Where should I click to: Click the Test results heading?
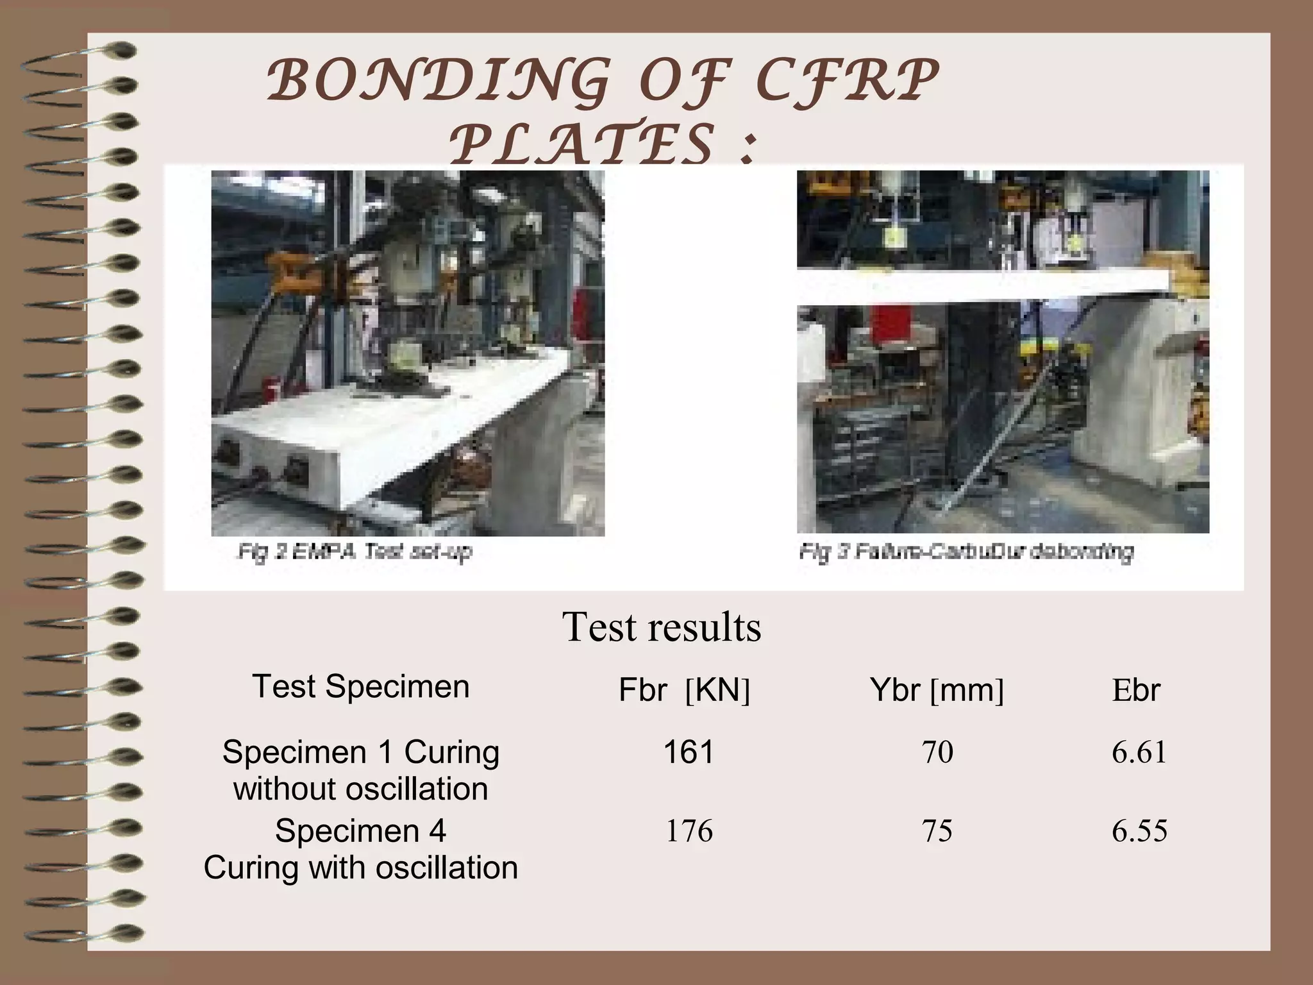click(x=662, y=627)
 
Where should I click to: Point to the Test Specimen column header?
click(x=361, y=686)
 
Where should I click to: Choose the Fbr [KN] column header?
click(x=684, y=691)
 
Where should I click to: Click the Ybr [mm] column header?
click(x=937, y=691)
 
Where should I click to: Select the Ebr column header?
click(x=1136, y=691)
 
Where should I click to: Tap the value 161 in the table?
click(x=689, y=752)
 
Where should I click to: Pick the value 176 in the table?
click(x=689, y=831)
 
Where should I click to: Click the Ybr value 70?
click(x=937, y=752)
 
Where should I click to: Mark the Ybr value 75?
click(x=937, y=831)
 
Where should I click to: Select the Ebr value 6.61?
click(x=1139, y=752)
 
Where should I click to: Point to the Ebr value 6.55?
click(x=1139, y=831)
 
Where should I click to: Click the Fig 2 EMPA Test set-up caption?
click(x=355, y=551)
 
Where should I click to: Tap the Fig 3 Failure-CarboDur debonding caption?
click(x=966, y=551)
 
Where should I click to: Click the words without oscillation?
click(x=361, y=789)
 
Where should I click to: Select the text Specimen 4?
click(x=361, y=831)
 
